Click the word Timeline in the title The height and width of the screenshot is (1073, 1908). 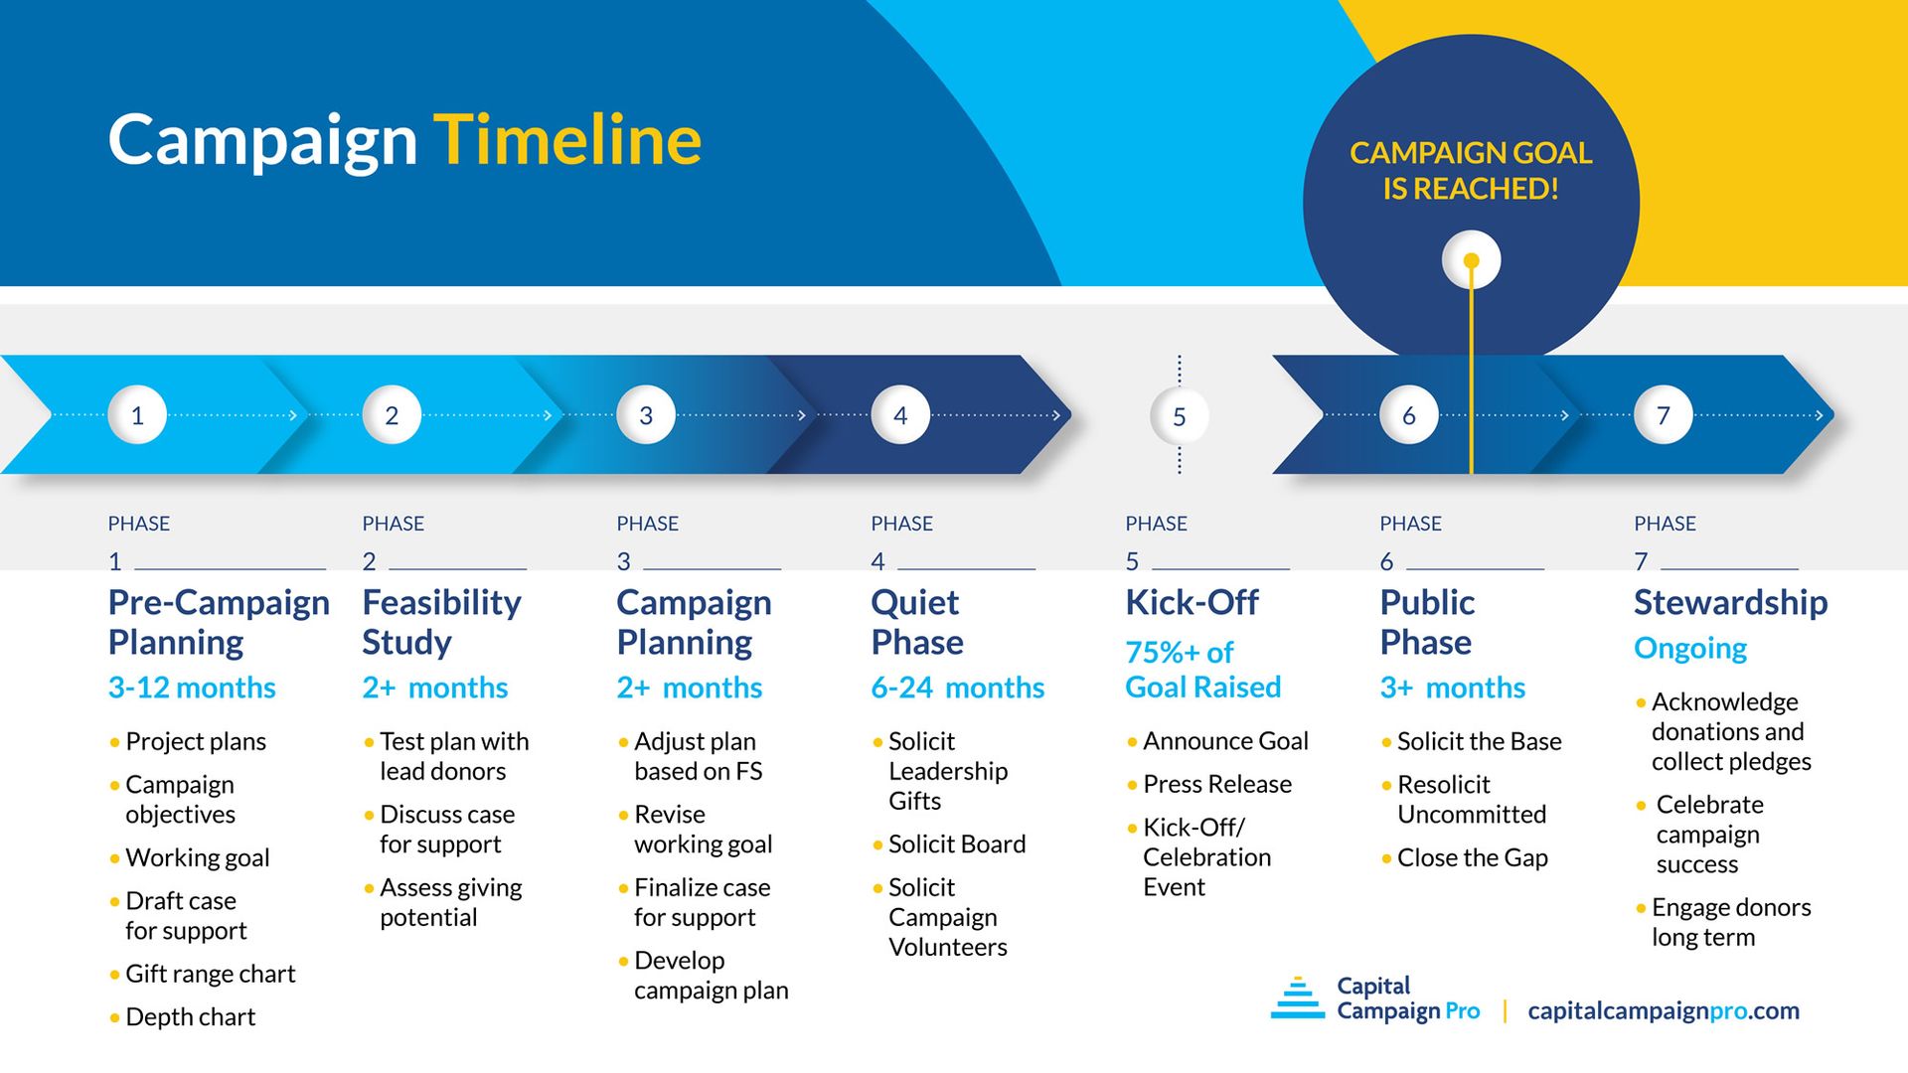click(x=567, y=140)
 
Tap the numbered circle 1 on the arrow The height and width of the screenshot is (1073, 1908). click(x=137, y=415)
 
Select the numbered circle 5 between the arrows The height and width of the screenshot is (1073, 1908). click(x=1179, y=416)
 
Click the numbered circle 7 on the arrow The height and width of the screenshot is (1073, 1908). click(x=1663, y=415)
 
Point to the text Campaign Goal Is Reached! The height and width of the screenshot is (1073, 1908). click(x=1471, y=171)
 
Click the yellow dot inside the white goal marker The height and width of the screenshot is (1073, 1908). click(x=1472, y=260)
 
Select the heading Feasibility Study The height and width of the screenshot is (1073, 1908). click(x=440, y=622)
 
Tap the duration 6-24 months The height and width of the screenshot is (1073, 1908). click(x=957, y=688)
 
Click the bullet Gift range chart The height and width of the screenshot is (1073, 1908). click(x=210, y=974)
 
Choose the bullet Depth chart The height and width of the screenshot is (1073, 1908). click(x=190, y=1017)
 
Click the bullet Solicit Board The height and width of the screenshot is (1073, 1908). click(x=956, y=844)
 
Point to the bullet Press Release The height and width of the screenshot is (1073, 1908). click(x=1216, y=785)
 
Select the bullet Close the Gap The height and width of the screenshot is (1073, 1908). click(x=1472, y=858)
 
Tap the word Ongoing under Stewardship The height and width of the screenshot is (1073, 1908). click(x=1689, y=649)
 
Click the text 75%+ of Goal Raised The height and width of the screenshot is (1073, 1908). click(x=1202, y=670)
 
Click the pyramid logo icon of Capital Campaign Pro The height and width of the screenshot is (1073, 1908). click(x=1297, y=998)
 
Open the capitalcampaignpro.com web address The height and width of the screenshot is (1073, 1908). click(x=1663, y=1011)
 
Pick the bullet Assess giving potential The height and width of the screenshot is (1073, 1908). click(x=450, y=902)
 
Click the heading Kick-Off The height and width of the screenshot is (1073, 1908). click(x=1192, y=603)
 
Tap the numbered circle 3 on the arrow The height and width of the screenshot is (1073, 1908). click(x=646, y=415)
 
